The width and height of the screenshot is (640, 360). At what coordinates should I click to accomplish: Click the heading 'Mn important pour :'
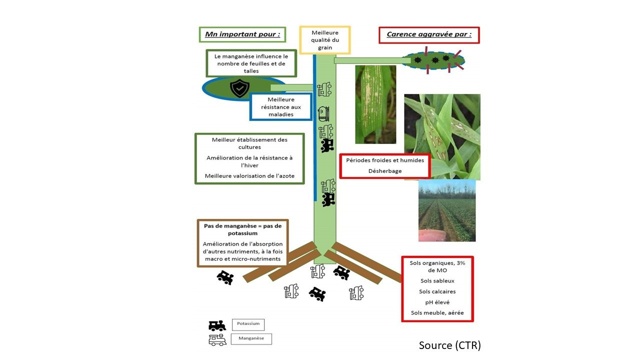[242, 35]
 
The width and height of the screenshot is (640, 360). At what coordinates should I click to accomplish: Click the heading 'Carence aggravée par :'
[429, 35]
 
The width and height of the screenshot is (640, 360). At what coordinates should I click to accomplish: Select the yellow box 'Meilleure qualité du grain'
[325, 40]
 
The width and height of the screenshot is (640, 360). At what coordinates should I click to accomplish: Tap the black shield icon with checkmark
[239, 88]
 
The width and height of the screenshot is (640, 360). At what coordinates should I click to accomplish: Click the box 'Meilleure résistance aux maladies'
[280, 107]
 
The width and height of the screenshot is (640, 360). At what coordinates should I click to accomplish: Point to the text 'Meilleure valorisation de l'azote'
[249, 176]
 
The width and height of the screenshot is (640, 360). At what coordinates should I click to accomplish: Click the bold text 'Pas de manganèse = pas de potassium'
[242, 229]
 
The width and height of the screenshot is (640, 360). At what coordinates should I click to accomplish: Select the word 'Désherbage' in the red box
[385, 171]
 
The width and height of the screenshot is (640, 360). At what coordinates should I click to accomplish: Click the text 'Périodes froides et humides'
[385, 160]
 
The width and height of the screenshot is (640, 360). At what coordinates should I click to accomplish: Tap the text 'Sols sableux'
[437, 281]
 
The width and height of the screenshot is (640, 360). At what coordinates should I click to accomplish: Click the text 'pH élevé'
[437, 302]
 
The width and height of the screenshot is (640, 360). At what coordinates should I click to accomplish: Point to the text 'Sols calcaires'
[437, 291]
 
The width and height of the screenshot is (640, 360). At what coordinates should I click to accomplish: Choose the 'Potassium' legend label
[248, 324]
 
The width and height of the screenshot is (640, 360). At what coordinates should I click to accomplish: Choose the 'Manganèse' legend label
[251, 339]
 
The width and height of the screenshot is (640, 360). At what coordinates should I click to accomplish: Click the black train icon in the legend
[217, 325]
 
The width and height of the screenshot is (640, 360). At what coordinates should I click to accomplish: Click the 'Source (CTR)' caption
[449, 345]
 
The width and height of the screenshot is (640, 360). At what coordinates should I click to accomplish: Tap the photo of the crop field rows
[447, 210]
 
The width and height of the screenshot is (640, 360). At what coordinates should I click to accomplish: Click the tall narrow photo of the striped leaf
[375, 104]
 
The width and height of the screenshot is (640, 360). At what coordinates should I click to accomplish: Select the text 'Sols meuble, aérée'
[437, 313]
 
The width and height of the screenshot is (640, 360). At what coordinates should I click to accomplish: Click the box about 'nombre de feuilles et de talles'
[251, 63]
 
